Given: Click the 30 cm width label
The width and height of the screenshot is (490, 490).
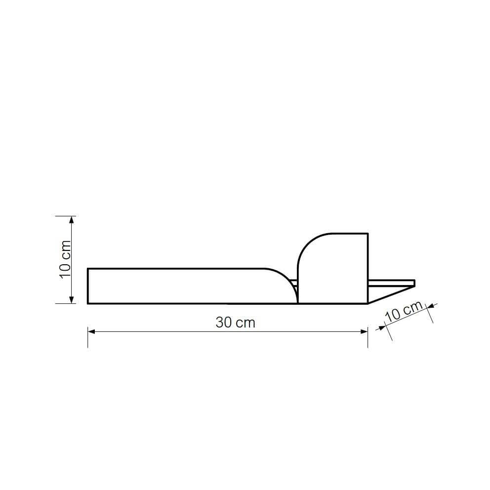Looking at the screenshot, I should [235, 323].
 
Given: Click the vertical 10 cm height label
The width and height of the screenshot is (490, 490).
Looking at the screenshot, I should [65, 259].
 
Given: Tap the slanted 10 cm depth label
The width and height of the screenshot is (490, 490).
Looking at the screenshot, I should [404, 312].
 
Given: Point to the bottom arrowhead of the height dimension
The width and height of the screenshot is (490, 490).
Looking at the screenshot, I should [72, 299].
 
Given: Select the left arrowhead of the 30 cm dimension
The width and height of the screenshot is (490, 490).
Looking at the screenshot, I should [91, 331].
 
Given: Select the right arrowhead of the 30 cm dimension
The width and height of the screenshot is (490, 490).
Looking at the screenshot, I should [364, 331].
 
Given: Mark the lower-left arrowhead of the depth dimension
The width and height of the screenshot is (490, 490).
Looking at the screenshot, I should [381, 327].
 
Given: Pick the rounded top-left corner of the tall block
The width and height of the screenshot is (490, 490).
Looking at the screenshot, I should [305, 242].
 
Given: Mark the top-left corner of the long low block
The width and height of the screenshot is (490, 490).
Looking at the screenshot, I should [88, 268].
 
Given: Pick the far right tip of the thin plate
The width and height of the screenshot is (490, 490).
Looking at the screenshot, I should [414, 283].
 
